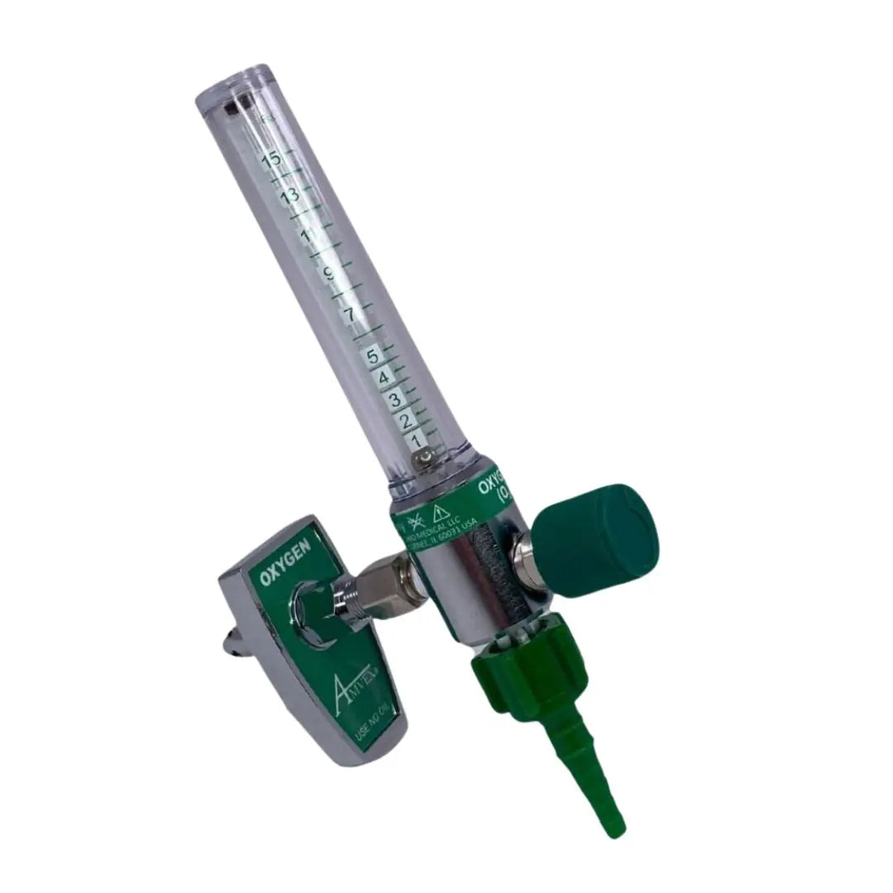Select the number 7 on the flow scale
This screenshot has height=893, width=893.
[x=349, y=315]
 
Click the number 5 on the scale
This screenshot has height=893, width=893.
[x=373, y=357]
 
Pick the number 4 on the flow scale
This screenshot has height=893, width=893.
[x=384, y=379]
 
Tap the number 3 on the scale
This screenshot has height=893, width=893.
[x=394, y=400]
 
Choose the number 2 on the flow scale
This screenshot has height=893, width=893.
[x=404, y=421]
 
